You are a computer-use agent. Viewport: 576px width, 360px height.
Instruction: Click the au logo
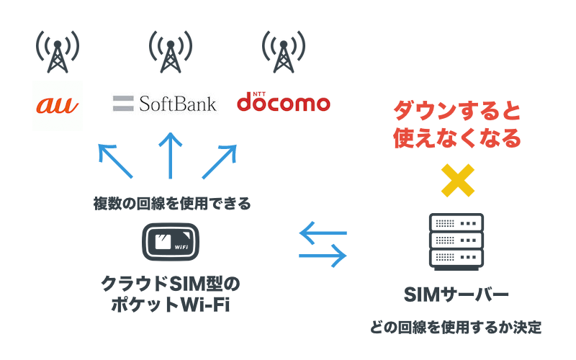(58, 106)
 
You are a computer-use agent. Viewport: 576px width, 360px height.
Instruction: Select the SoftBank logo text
(177, 104)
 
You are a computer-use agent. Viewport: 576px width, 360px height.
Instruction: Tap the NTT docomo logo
(284, 102)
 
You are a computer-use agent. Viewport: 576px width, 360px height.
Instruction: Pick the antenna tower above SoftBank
(170, 51)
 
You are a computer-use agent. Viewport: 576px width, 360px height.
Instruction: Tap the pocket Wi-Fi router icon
(171, 242)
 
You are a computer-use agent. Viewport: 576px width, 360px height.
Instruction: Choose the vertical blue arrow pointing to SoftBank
(171, 156)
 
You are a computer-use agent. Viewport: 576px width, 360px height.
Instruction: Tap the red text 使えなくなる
(456, 138)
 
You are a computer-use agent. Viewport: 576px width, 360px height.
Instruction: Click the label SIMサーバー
(456, 294)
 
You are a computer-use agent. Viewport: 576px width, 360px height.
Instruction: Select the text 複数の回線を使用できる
(171, 204)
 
